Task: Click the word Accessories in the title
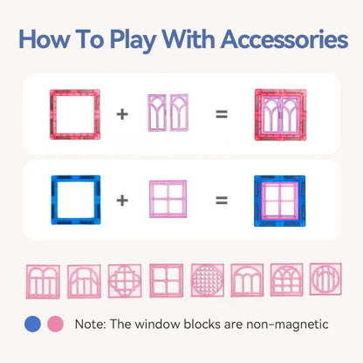(284, 39)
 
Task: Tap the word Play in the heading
(134, 41)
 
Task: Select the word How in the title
(45, 39)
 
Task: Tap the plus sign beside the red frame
(122, 114)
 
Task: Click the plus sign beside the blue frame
(122, 200)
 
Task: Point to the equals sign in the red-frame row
(222, 114)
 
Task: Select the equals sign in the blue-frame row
(222, 200)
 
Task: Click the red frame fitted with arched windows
(280, 114)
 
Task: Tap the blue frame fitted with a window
(280, 201)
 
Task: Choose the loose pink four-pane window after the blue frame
(168, 199)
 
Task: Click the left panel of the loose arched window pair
(157, 113)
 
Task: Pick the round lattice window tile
(208, 280)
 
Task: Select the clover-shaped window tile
(125, 281)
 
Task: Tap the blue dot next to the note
(32, 324)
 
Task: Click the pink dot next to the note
(56, 324)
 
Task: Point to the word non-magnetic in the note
(287, 325)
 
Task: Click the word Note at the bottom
(90, 325)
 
